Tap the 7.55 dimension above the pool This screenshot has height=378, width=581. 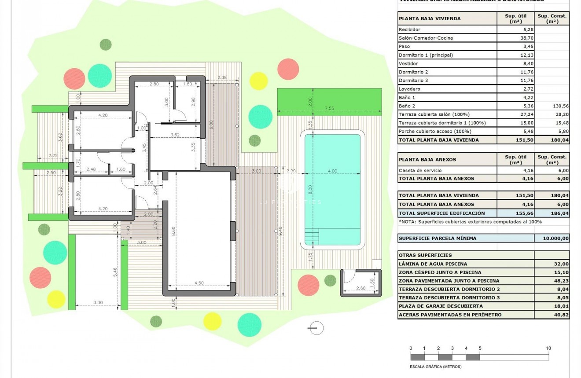329,108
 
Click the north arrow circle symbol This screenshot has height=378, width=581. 316,328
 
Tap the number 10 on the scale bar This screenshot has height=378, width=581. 548,348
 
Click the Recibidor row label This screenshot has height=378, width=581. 409,29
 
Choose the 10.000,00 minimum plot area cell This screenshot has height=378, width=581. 552,239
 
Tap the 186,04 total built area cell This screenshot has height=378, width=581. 552,213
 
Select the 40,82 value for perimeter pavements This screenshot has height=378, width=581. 552,315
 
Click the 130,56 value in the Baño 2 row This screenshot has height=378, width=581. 552,106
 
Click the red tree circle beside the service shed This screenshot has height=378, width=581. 308,285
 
